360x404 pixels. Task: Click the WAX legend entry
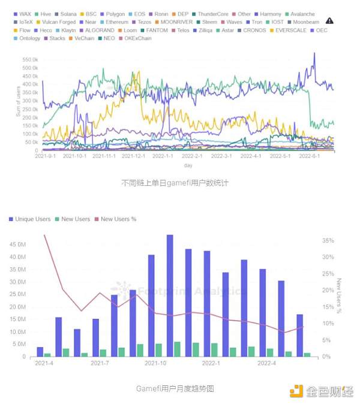coord(25,13)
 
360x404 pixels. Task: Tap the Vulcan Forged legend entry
coord(58,22)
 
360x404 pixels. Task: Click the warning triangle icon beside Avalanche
coord(329,21)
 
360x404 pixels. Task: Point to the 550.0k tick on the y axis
coord(30,60)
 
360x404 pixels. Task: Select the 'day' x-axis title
coord(188,165)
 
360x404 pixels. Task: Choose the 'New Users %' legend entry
coord(118,219)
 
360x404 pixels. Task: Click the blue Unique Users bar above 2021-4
coord(40,351)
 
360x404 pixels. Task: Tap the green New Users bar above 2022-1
coord(215,349)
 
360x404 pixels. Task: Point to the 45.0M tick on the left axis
coord(18,245)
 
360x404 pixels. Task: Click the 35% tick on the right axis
coord(327,240)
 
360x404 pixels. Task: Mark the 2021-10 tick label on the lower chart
coord(155,363)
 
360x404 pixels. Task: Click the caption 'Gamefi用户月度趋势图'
coord(175,388)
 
